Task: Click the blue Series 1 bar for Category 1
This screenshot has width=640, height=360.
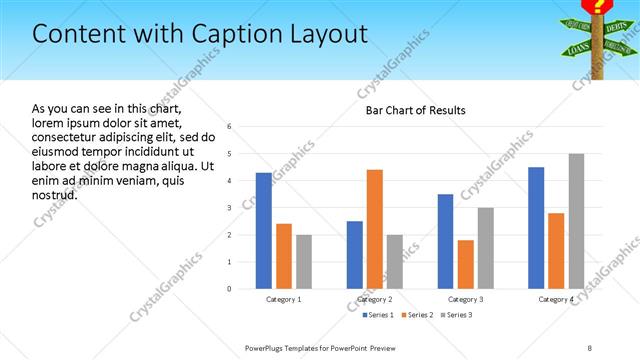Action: (x=264, y=231)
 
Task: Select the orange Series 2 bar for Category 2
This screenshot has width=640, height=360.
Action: (x=375, y=229)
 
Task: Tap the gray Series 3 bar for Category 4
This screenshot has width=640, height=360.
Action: (x=576, y=221)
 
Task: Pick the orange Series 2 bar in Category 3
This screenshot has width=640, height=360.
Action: (x=465, y=264)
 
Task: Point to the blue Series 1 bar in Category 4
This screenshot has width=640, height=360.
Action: (x=536, y=228)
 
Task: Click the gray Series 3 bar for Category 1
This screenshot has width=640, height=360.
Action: (x=303, y=262)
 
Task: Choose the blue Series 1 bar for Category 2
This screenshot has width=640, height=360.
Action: (x=355, y=255)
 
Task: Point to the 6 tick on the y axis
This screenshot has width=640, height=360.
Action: (x=230, y=127)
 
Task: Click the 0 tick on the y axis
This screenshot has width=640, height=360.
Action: (x=230, y=289)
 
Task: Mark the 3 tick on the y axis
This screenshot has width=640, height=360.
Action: (x=230, y=208)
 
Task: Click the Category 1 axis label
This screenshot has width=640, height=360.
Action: (x=284, y=300)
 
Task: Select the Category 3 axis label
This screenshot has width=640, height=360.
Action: (x=465, y=300)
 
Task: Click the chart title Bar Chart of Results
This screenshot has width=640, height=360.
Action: (x=415, y=110)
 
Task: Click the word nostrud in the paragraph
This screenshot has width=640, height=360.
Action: (x=55, y=194)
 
